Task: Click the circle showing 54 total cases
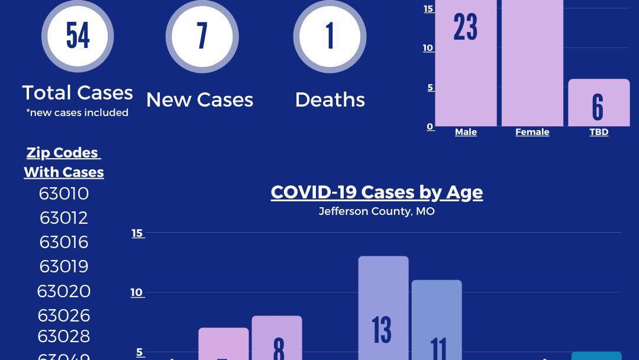coord(78,36)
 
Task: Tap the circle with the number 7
coord(202,36)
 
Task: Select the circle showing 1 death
coord(330,36)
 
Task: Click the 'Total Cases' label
coord(78,92)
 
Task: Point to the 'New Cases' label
coord(200,99)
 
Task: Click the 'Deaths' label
coord(330,99)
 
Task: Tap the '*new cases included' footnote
coord(78,112)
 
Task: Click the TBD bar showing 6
coord(599,103)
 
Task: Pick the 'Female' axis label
coord(532,132)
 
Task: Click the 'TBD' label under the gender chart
coord(599,132)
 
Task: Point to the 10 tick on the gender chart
coord(428,48)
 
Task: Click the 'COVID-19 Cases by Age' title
coord(377,192)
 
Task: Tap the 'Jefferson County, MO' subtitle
coord(377,211)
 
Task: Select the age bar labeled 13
coord(383,308)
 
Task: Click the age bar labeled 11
coord(437,320)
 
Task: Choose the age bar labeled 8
coord(277,337)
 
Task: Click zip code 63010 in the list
coord(64,194)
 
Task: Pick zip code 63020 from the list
coord(64,291)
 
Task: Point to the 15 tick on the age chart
coord(137,233)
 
